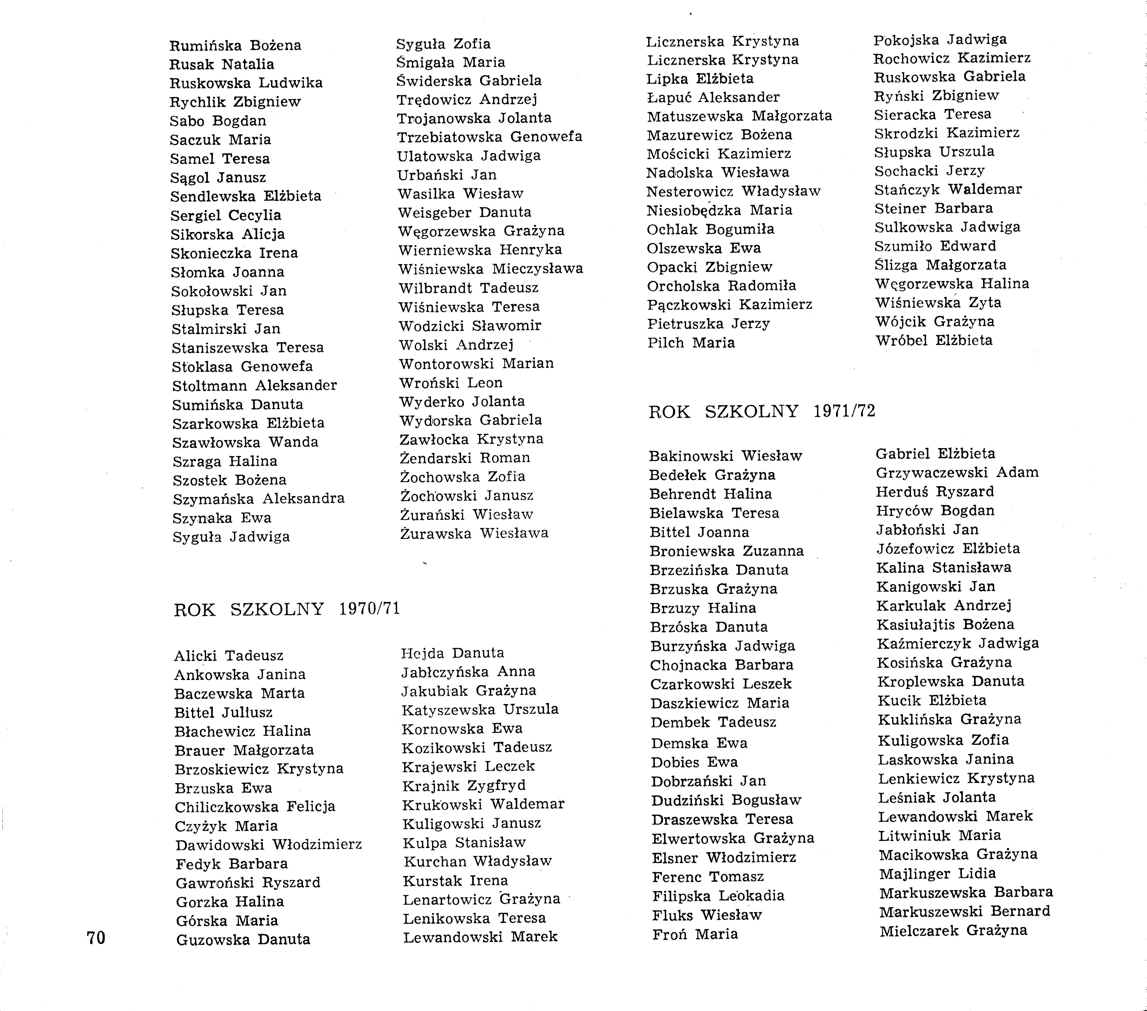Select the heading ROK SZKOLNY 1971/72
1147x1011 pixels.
(762, 412)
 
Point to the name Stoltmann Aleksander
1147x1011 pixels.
(254, 386)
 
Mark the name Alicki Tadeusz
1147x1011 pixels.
(228, 656)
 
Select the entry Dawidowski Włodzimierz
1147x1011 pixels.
(268, 845)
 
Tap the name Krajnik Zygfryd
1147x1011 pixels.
(463, 785)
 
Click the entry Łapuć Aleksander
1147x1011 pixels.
(713, 98)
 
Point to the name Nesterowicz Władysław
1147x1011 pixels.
(733, 192)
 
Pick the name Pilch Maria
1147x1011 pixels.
(691, 343)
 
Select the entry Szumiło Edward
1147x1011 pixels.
(935, 246)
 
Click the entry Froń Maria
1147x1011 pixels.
(695, 934)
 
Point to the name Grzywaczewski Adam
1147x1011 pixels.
(957, 472)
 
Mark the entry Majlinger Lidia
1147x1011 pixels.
(937, 873)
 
